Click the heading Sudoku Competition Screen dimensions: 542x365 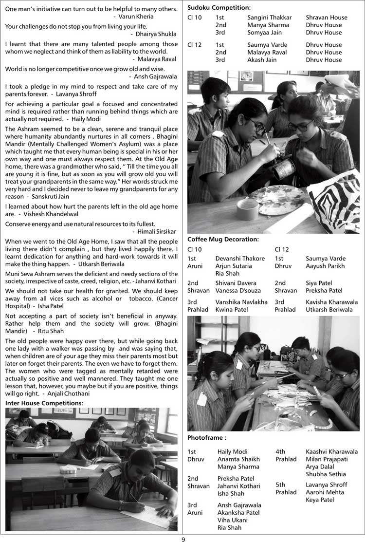[x=219, y=7]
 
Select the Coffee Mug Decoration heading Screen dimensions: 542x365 [x=223, y=239]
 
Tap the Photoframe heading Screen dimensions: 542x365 [x=207, y=438]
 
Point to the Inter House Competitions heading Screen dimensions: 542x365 [x=44, y=403]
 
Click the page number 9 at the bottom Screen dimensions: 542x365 [x=183, y=539]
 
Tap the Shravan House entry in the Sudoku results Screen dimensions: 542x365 [x=327, y=18]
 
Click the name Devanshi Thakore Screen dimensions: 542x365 [x=240, y=259]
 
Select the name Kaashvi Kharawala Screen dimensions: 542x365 [x=331, y=452]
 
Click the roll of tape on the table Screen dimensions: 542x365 [x=248, y=209]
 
